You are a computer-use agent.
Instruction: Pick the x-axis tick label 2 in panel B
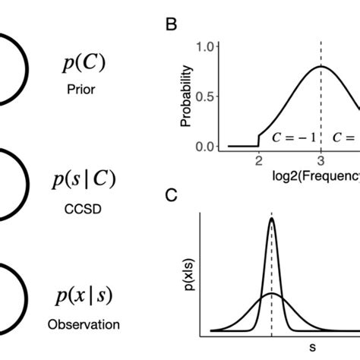(x=258, y=161)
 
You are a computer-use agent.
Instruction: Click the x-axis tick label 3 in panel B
(x=321, y=161)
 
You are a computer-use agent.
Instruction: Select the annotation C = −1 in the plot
(x=292, y=138)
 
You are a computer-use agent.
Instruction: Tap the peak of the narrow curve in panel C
(x=272, y=219)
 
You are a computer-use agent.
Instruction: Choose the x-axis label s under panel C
(x=312, y=349)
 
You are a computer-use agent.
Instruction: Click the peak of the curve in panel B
(x=321, y=67)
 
